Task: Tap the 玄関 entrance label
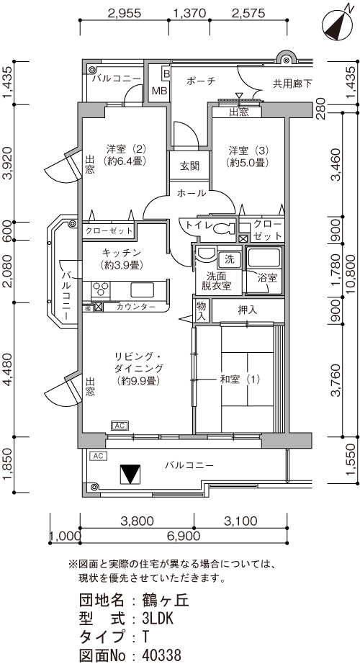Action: (189, 166)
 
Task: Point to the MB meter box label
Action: (159, 91)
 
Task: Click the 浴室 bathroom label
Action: (268, 278)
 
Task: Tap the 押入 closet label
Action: (248, 310)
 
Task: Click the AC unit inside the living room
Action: (120, 426)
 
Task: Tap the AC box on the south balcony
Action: (98, 456)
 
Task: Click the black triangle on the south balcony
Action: (130, 475)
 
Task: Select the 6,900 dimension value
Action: (184, 536)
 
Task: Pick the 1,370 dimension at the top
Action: (190, 14)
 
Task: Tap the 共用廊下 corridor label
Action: (292, 84)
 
